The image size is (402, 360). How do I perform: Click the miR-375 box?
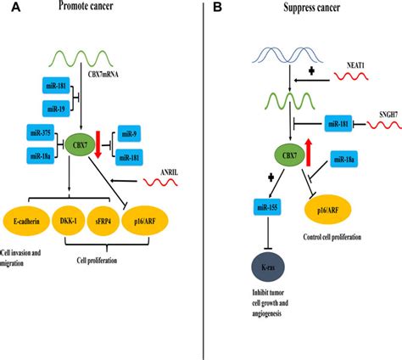pos(41,132)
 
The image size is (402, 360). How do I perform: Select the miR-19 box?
pos(56,109)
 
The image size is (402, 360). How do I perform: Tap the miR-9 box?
pos(129,133)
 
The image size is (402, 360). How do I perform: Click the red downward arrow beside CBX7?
pos(98,144)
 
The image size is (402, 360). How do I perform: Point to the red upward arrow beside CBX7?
pos(309,153)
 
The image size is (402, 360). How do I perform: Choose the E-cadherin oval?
pos(26,221)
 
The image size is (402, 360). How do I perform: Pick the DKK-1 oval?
pos(68,221)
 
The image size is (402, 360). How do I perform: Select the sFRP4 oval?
pos(103,221)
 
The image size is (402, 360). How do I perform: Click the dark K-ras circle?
pos(268,267)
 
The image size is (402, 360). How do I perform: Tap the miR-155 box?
pos(267,207)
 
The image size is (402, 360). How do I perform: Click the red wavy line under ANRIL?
pos(160,183)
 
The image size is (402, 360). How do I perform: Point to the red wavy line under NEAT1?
pos(351,76)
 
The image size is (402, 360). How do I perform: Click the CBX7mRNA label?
pos(103,75)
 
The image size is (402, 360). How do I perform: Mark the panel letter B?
pos(217,7)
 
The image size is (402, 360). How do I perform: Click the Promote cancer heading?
pos(86,6)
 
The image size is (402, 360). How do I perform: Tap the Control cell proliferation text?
pos(332,237)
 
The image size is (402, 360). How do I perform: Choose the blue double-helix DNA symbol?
pos(288,54)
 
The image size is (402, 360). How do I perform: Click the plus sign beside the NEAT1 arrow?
pos(311,70)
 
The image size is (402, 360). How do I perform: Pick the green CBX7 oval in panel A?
pos(76,145)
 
